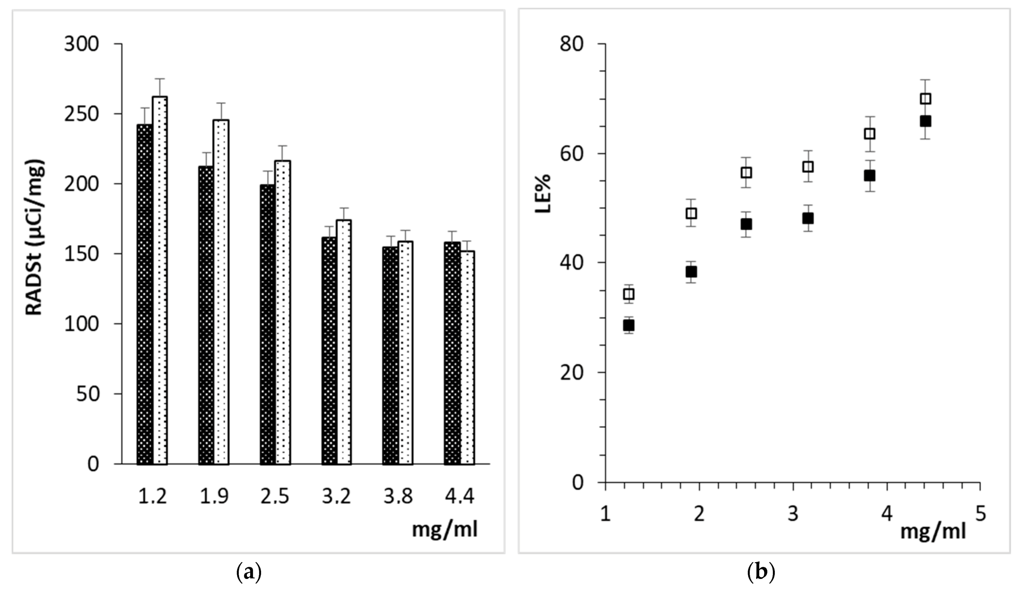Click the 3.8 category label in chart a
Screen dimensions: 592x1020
[398, 496]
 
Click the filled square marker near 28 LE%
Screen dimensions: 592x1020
[629, 325]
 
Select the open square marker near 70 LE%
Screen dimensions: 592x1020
[925, 99]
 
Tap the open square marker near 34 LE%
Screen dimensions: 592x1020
[629, 294]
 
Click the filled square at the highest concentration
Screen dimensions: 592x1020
[925, 121]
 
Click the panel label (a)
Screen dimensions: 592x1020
[248, 573]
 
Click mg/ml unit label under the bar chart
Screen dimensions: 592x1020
[444, 530]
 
